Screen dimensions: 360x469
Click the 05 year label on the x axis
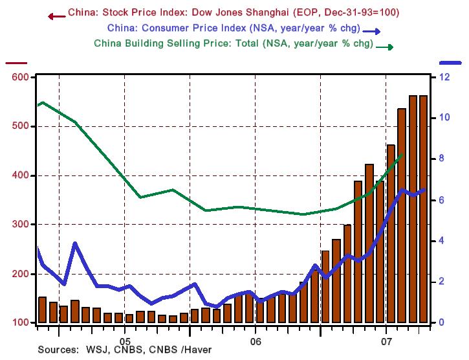[125, 339]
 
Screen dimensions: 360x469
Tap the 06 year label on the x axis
[255, 339]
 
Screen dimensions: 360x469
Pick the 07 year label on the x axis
[386, 339]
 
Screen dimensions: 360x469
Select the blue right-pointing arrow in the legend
[371, 31]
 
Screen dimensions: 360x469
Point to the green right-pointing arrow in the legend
[386, 47]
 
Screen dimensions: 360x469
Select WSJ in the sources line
[96, 350]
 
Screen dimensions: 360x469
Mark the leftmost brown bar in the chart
[42, 309]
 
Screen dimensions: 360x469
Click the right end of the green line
[404, 154]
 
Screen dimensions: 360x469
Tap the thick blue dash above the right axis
[451, 62]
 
